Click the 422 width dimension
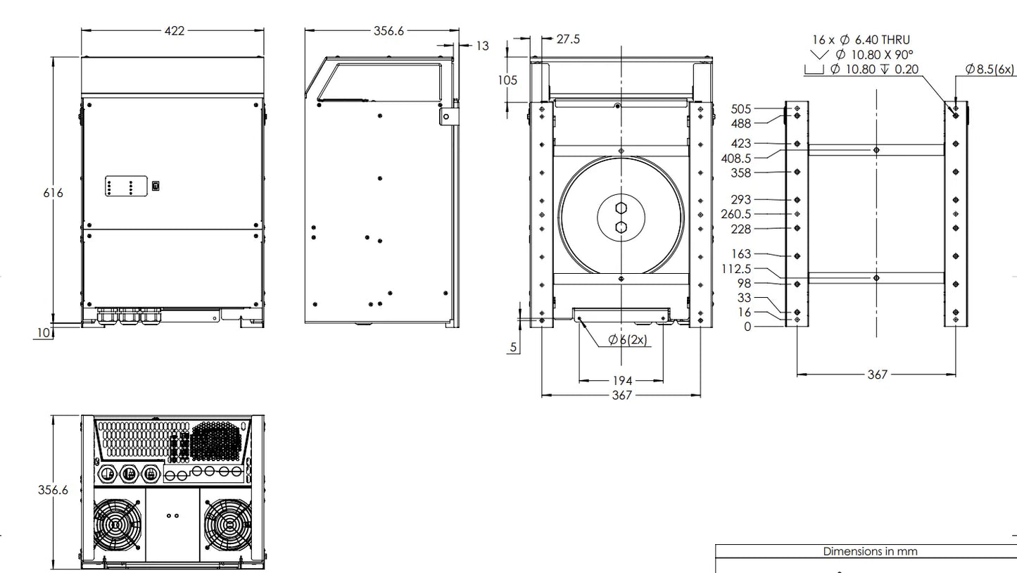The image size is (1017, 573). pos(175,31)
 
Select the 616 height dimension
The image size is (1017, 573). pos(53,193)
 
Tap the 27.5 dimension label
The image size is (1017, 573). pos(568,39)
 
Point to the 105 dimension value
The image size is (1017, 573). pos(507,80)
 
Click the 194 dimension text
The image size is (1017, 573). pos(622,381)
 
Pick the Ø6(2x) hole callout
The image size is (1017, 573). pos(628,339)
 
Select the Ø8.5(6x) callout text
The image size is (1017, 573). pos(990,69)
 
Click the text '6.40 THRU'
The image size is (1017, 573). pos(883,40)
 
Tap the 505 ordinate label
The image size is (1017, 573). pos(741,109)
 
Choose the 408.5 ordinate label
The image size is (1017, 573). pos(736,158)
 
